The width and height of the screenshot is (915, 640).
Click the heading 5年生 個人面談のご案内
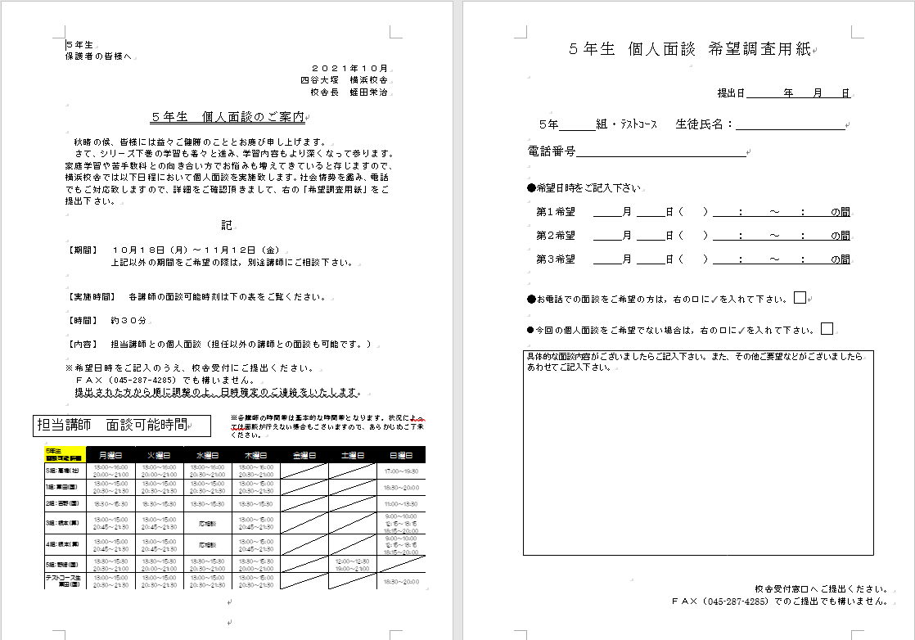point(228,117)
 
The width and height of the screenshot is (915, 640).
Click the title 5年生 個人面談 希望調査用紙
point(689,49)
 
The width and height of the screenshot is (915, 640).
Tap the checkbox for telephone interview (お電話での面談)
point(800,298)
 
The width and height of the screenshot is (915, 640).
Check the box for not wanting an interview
point(827,329)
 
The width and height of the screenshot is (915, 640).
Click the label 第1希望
point(556,212)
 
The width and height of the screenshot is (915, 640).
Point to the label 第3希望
point(556,259)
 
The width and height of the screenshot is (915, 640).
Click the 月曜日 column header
point(111,455)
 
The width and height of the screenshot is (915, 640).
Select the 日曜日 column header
point(401,455)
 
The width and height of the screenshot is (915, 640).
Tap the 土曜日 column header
point(353,455)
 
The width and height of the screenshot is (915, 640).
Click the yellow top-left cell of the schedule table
point(63,455)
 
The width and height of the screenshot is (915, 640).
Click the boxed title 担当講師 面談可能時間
point(112,426)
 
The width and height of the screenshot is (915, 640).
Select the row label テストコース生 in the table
point(63,580)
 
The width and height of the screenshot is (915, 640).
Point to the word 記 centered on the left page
point(227,225)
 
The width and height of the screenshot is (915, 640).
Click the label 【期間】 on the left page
point(83,249)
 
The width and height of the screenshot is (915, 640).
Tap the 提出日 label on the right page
point(730,93)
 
